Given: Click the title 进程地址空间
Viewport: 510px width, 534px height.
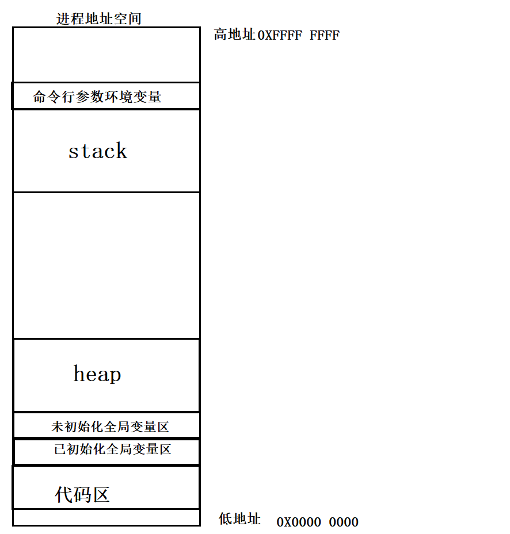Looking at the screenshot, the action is point(99,19).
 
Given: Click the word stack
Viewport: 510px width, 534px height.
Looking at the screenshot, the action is point(98,151).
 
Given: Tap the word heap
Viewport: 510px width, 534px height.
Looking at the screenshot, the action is point(97,374).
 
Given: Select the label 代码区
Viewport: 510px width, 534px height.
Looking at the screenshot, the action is point(82,494).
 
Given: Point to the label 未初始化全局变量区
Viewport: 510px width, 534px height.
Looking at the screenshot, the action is point(110,427).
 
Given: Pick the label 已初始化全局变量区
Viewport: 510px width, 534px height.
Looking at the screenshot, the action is point(113,450).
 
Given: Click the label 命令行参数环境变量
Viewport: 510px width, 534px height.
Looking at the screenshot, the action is point(97,97).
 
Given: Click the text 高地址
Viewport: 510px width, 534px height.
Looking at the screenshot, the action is point(234,35).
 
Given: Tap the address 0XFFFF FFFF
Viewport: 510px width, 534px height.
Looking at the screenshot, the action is point(299,36).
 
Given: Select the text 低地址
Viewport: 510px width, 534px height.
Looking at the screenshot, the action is point(239,519).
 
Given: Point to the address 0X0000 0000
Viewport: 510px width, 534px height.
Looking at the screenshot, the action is point(318,523).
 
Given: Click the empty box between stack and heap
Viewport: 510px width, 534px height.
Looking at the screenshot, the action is point(106,266).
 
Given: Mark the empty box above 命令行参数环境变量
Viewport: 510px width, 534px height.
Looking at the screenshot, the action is point(106,55).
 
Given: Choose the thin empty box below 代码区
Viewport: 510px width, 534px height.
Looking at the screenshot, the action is point(106,517).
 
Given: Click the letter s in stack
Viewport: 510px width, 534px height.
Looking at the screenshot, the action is point(74,152).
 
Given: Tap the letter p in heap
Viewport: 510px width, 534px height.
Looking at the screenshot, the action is point(114,376).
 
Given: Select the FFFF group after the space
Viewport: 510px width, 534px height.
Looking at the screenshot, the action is point(325,36).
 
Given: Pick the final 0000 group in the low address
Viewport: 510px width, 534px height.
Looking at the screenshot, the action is point(344,523).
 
